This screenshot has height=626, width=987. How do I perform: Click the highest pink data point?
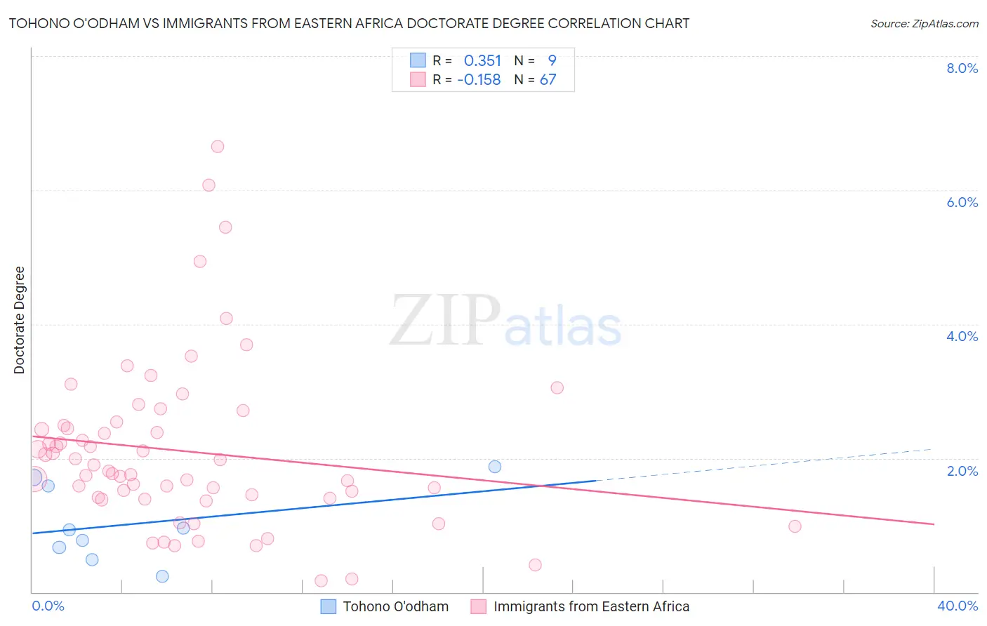tap(218, 147)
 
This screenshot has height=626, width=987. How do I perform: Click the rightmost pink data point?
tap(795, 526)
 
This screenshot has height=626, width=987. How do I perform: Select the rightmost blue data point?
tap(495, 467)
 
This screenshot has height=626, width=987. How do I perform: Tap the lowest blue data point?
tap(162, 576)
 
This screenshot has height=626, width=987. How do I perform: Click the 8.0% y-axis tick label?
tap(962, 68)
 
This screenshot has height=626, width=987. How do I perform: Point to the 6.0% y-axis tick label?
tap(962, 202)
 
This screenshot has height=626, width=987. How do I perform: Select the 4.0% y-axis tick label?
tap(962, 336)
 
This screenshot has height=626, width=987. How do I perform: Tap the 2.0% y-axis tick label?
tap(962, 471)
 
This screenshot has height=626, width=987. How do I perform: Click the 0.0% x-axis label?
tap(48, 606)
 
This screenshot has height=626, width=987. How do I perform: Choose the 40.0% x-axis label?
tap(958, 606)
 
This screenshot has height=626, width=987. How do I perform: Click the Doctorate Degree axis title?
tap(20, 320)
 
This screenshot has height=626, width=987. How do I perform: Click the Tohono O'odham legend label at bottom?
tap(395, 606)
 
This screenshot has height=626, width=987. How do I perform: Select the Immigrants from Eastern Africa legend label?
tap(591, 606)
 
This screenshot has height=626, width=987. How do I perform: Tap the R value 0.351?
tap(482, 61)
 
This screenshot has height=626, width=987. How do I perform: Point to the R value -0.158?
tap(479, 80)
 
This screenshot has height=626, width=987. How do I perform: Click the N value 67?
tap(548, 80)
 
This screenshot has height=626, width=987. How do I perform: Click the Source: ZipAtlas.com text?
tap(924, 24)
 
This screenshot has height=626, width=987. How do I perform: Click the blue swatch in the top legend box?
tap(418, 60)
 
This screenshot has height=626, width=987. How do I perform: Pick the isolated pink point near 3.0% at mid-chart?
tap(557, 387)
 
